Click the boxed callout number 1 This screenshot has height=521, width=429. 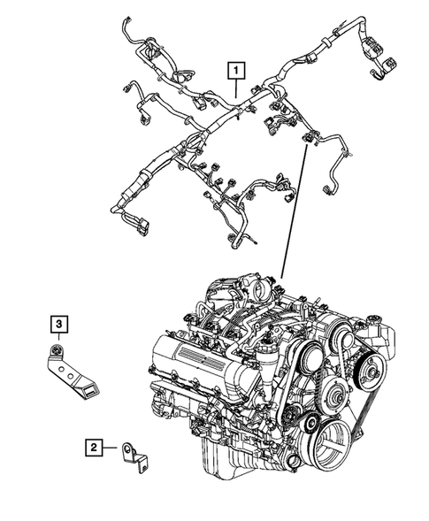pos(236,67)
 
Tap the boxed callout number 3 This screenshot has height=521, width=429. pos(57,326)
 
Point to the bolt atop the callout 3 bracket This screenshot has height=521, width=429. pos(58,353)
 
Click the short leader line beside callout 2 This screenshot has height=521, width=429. pos(112,448)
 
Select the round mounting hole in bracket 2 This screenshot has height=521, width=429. pos(129,448)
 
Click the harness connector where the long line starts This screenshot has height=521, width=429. pos(307,138)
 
